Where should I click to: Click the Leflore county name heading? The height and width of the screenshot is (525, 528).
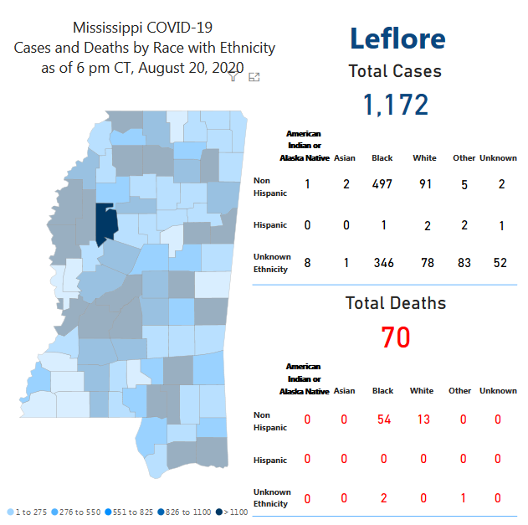point(397,38)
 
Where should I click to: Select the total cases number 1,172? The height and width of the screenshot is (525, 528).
point(395,105)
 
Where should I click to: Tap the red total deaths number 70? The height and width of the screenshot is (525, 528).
point(395,337)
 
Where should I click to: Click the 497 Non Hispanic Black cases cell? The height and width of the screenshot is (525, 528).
point(382,184)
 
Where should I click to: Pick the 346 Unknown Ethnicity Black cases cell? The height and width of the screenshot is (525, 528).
point(383,263)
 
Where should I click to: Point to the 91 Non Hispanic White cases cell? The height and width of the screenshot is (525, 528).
point(425,184)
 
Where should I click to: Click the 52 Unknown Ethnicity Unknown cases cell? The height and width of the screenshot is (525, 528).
point(500,263)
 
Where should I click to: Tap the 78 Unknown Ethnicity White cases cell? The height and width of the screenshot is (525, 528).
point(425,263)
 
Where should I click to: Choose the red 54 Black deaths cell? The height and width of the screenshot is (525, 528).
point(383,419)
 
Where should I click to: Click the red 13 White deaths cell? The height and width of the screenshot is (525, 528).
point(424,419)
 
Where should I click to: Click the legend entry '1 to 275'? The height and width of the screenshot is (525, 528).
point(29,512)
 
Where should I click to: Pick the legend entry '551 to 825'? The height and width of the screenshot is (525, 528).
point(131,512)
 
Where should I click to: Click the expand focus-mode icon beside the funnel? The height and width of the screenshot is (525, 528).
point(254,77)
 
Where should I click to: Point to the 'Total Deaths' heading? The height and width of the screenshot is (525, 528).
point(395,303)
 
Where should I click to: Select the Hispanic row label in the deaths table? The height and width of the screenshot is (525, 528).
point(270,461)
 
